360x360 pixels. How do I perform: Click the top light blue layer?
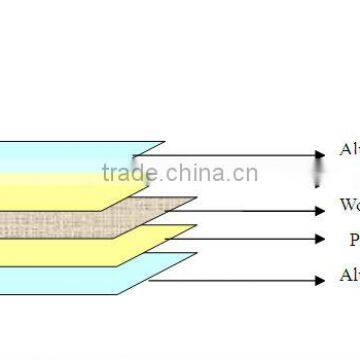click(60, 155)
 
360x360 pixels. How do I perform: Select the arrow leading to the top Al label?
click(240, 155)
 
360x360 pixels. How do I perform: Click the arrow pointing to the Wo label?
click(250, 209)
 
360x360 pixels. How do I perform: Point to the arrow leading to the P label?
click(250, 240)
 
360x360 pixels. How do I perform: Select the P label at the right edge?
click(352, 240)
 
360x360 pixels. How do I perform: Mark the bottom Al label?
click(349, 276)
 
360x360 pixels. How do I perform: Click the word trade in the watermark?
click(126, 174)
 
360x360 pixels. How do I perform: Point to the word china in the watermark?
click(194, 174)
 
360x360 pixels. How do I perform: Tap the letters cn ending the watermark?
click(246, 175)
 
